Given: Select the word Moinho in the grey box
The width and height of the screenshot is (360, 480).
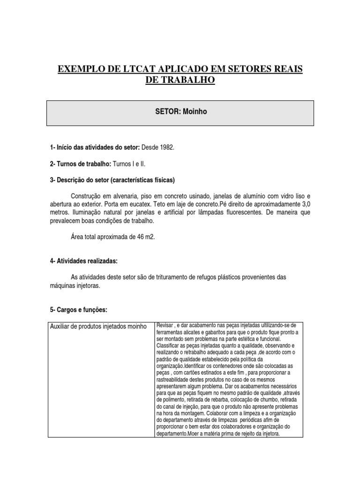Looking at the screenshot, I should click(195, 112).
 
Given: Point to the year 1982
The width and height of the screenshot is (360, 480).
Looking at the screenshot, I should click(166, 147).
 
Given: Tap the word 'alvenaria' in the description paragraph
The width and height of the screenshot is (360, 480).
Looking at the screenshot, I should click(126, 195).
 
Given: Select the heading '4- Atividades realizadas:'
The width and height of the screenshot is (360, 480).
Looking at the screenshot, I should click(84, 261).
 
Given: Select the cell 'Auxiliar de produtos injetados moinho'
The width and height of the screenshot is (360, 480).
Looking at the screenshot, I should click(98, 326).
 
